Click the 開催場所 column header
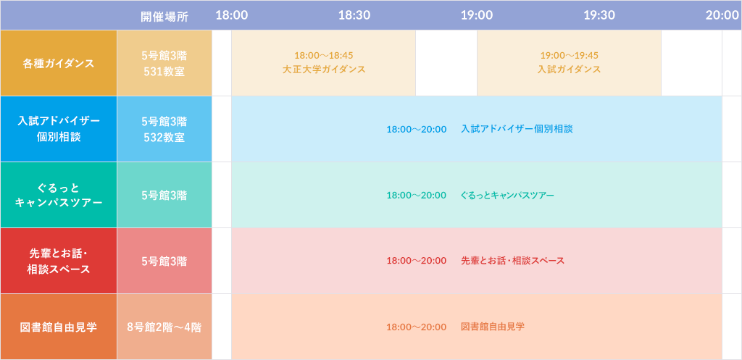coord(164,16)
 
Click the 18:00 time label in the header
coord(231,16)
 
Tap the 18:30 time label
coord(354,16)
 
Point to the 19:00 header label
coord(477,16)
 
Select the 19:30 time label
coord(599,16)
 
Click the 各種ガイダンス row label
coord(59,64)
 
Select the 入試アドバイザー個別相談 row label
coord(59,129)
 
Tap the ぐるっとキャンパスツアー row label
coord(59,195)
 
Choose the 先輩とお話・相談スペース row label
coord(59,261)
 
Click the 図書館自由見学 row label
coord(59,327)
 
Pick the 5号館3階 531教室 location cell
coord(164,64)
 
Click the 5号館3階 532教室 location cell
coord(164,129)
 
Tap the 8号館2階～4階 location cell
coord(164,327)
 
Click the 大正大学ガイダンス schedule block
coord(324,63)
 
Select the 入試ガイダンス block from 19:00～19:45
coord(570,63)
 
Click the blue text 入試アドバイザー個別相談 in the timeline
coord(517,129)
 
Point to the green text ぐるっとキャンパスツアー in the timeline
coord(507,195)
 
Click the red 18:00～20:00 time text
coord(417,261)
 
